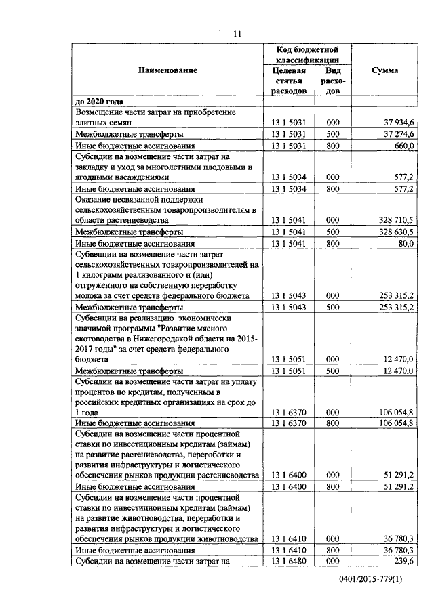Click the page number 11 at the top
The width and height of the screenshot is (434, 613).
click(237, 34)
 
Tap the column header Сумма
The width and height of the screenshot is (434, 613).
click(385, 70)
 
